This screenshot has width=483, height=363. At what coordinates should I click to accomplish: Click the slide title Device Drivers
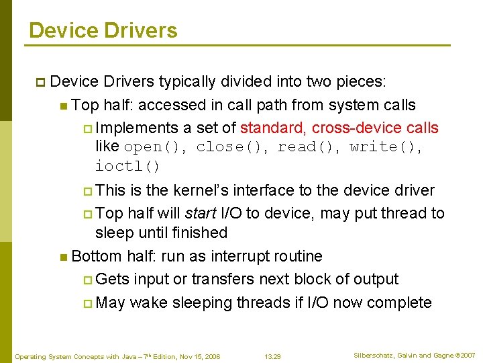pos(103,30)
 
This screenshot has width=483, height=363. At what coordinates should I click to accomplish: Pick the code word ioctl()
pos(127,166)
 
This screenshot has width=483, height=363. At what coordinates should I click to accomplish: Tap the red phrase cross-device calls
pos(375,128)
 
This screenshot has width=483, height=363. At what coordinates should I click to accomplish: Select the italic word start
pos(200,213)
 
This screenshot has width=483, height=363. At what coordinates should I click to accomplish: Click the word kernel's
pos(201,191)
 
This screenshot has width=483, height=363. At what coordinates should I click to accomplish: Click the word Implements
pos(137,128)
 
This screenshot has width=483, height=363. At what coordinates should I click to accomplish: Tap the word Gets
pos(113,279)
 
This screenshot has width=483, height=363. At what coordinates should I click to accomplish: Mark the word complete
pos(400,302)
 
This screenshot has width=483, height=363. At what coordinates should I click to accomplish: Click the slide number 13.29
pos(272,356)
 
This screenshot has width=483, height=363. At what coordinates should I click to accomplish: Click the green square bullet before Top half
pos(63,106)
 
